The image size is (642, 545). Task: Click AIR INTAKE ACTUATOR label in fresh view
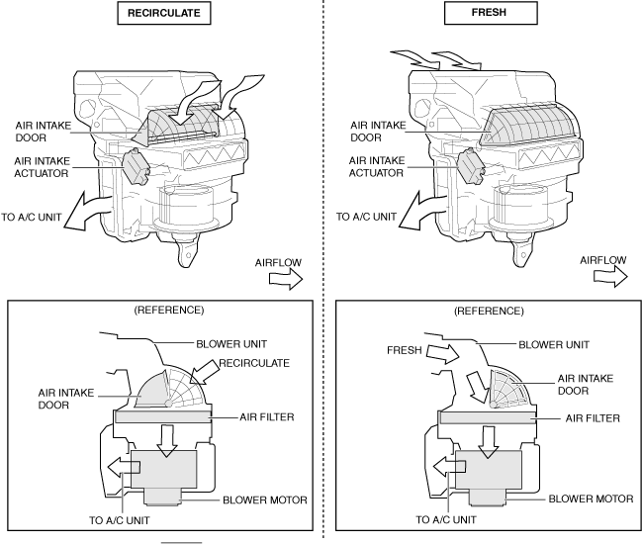pos(376,164)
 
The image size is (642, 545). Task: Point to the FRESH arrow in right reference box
pos(439,354)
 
